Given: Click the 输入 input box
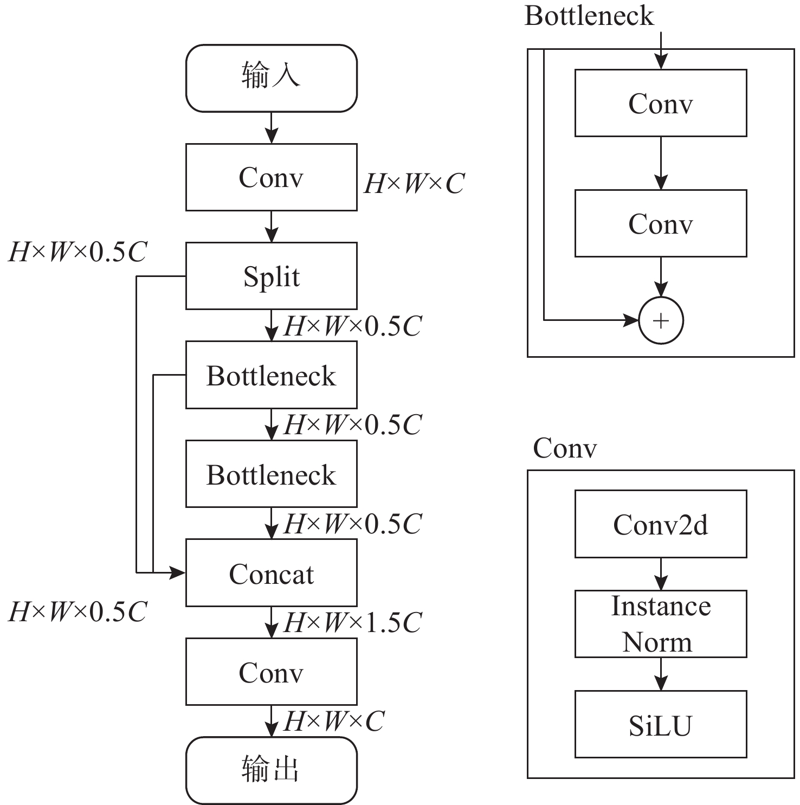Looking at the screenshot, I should tap(271, 78).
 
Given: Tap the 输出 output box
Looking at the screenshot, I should tap(271, 770).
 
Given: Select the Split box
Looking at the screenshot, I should tap(271, 276).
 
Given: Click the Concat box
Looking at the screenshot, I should tap(271, 572).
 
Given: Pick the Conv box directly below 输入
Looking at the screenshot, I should tap(271, 177).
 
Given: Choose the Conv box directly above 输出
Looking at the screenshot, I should tap(271, 672).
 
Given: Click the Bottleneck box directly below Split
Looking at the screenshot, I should tap(271, 375).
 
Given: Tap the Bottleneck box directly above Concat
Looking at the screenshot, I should tap(271, 474).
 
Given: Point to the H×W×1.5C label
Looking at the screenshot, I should tap(352, 622).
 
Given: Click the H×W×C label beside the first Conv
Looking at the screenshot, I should tap(414, 184).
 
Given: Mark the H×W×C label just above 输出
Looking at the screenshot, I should tap(334, 721).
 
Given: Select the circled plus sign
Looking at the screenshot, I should tap(661, 320).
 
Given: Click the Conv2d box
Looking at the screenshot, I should tap(661, 524).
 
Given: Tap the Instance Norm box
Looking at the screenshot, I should tap(661, 624).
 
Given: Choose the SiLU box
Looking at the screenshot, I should tap(661, 724).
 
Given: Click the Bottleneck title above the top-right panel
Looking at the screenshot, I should tap(589, 16).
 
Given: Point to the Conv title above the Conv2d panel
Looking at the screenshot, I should tap(565, 448).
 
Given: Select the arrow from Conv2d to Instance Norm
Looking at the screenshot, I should tap(661, 574).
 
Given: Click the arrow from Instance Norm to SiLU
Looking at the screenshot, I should tap(661, 674).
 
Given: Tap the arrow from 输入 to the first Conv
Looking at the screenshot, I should tap(271, 128).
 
